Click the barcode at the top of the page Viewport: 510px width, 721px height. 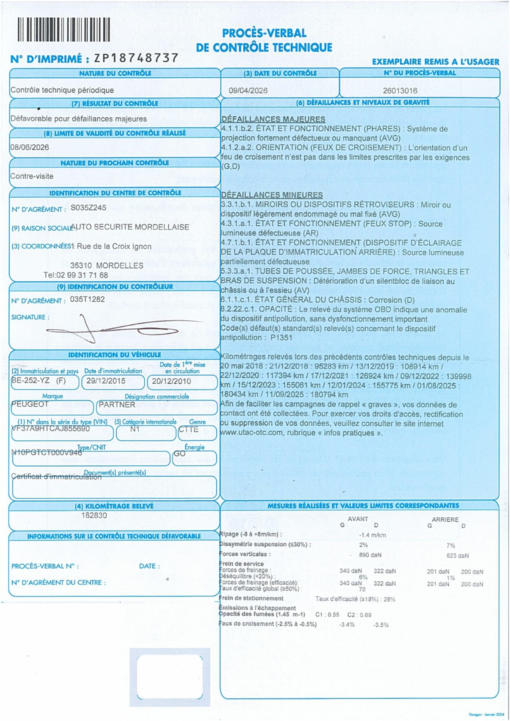point(64,30)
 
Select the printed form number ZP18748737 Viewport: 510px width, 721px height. point(136,58)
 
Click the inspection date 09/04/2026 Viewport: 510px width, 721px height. point(248,91)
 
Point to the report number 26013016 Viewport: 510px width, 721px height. point(400,91)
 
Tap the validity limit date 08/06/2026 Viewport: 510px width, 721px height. point(30,147)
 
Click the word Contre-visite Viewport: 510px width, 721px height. point(32,176)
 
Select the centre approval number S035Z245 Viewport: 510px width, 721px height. point(88,208)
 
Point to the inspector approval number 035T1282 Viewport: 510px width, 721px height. point(87,299)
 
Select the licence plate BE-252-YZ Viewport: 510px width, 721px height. point(30,380)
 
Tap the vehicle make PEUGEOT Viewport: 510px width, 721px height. point(30,404)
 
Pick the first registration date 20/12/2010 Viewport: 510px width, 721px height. point(171,381)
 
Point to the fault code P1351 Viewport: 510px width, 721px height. point(281,338)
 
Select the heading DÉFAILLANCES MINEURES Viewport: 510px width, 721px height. point(272,195)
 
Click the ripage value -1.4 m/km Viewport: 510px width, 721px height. point(372,535)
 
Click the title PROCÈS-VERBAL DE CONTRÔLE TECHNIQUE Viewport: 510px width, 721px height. point(264,40)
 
